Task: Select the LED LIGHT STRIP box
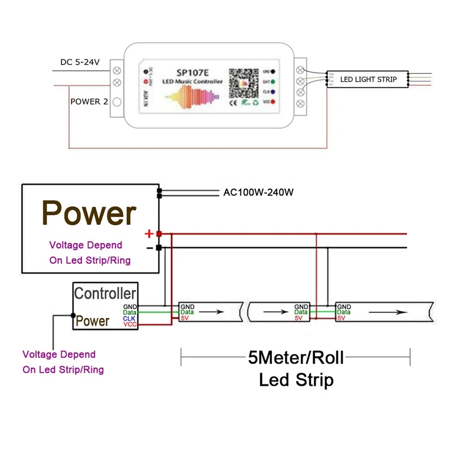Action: tap(367, 80)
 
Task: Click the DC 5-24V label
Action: tap(80, 62)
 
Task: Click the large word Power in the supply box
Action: tap(89, 213)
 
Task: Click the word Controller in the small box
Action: tap(105, 293)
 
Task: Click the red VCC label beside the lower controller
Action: tap(130, 324)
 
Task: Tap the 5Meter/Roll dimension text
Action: tap(296, 357)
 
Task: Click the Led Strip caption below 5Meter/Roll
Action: tap(296, 379)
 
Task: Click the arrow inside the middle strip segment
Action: tap(273, 311)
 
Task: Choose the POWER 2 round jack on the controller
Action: tap(117, 102)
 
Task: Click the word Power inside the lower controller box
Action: tap(92, 322)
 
